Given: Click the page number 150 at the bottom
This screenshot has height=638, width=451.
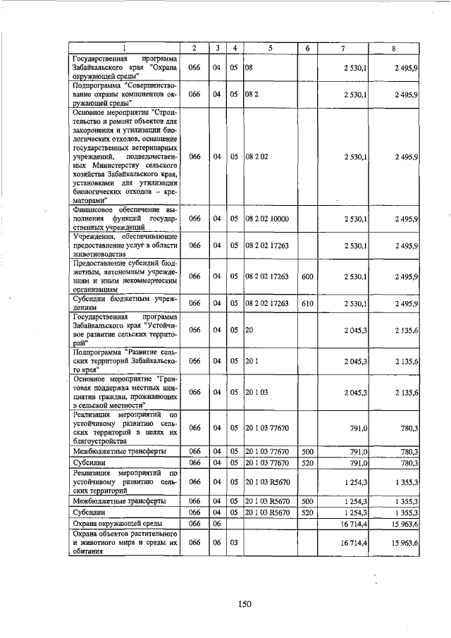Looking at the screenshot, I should point(244,603).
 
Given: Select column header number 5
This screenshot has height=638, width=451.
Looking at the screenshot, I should point(270,47).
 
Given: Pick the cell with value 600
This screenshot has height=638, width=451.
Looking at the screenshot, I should point(307,276).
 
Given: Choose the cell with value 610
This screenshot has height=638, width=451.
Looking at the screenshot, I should point(307,303).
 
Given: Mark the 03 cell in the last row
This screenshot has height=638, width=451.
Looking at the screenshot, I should point(233,544).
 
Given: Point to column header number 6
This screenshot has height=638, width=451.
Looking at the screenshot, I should point(307,47).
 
